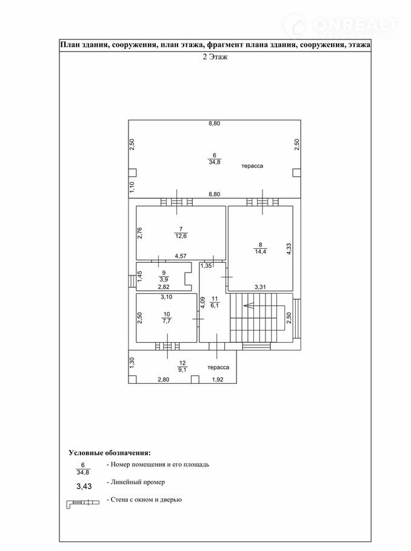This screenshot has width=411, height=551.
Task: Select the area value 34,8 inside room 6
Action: point(214,163)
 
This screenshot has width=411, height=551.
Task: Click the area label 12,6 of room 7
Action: point(181,236)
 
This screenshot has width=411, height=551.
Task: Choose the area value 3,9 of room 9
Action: point(163,280)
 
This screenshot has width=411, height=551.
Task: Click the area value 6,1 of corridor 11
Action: point(215,306)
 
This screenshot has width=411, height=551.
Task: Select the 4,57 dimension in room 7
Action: point(181,256)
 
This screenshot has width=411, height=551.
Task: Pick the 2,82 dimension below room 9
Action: point(163,286)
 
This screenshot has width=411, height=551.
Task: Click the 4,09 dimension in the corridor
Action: point(203,302)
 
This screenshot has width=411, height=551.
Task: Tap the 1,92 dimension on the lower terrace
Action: point(218,380)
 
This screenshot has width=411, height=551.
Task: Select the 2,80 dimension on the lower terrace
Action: point(164,380)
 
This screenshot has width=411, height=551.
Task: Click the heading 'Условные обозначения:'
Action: point(109,452)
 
